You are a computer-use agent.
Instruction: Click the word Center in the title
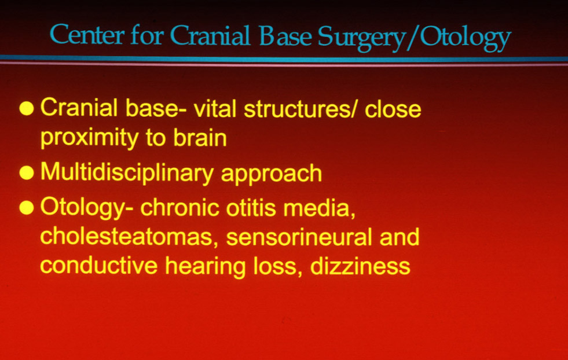(87, 35)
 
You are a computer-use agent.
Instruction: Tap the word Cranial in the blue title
(210, 35)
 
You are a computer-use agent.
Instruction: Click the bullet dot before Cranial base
(27, 108)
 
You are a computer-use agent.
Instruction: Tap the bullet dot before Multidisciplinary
(27, 172)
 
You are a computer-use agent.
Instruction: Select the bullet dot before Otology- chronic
(27, 208)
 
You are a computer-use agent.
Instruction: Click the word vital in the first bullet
(215, 108)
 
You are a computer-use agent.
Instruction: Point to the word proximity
(90, 138)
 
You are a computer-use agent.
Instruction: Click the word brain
(200, 138)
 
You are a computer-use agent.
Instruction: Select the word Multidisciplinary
(127, 173)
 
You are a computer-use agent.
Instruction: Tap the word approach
(272, 174)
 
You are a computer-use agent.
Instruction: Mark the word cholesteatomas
(129, 237)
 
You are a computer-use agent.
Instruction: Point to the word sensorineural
(299, 237)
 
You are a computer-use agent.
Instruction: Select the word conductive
(98, 266)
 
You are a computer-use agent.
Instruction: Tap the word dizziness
(360, 266)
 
